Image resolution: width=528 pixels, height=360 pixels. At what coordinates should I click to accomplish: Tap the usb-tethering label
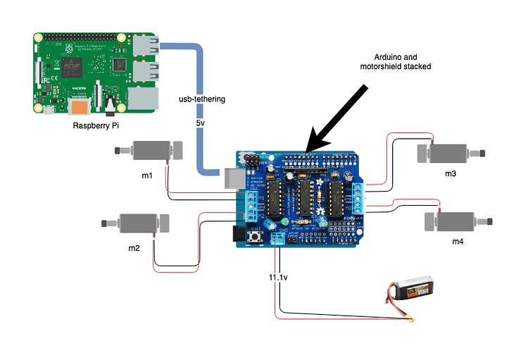(x=201, y=99)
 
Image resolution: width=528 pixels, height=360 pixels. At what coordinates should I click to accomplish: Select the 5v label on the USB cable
(x=201, y=123)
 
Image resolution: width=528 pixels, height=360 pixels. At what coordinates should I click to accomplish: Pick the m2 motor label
(x=134, y=248)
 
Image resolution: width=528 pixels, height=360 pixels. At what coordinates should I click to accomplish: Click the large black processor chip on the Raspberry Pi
(x=73, y=66)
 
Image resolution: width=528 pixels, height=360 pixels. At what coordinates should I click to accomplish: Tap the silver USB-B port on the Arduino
(x=230, y=177)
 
